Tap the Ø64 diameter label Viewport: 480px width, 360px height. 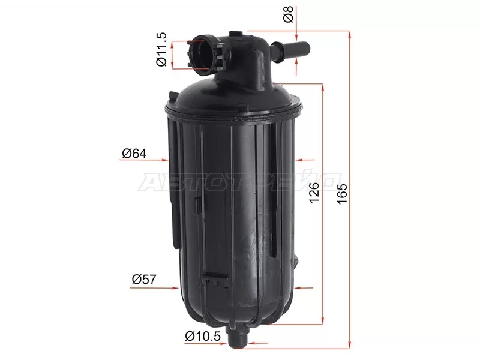point(134,154)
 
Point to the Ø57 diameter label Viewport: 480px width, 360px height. point(144,279)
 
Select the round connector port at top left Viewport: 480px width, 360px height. point(205,53)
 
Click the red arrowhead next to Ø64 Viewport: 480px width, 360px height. point(163,160)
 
